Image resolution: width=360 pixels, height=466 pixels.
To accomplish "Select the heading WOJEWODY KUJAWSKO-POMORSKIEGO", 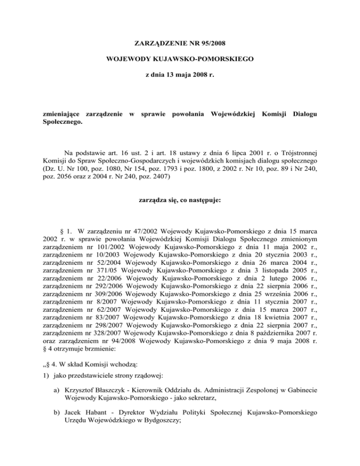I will point(180,59).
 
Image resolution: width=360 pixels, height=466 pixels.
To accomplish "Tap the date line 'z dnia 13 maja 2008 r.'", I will point(180,74).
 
